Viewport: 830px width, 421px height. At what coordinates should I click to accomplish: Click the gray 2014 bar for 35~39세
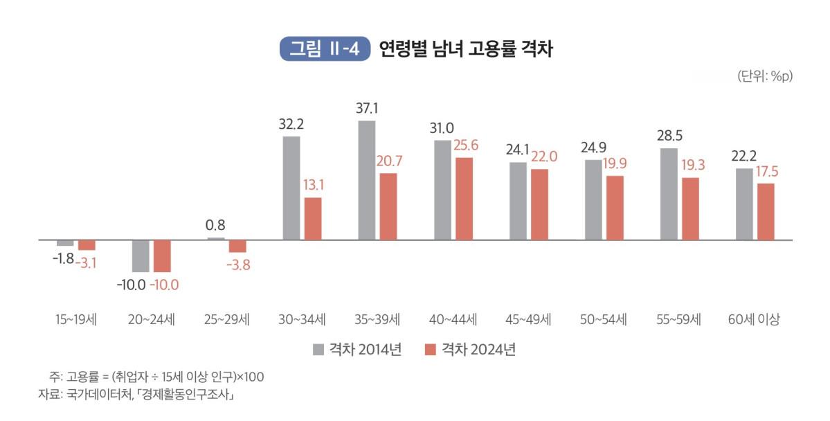tap(367, 181)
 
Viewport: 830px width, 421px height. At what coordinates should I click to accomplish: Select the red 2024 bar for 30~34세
tap(313, 219)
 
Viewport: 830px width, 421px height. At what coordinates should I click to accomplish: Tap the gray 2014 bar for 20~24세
tap(141, 256)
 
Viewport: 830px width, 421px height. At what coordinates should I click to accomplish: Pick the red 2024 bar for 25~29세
tap(237, 247)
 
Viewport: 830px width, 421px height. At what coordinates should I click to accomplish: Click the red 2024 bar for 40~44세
tap(464, 199)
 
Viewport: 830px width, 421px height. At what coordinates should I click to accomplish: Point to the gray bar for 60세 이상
tap(744, 204)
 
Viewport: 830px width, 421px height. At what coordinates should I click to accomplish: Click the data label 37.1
tap(367, 109)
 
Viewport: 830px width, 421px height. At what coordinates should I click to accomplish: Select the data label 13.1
tap(313, 185)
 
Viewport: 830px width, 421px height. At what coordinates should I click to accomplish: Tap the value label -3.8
tap(237, 265)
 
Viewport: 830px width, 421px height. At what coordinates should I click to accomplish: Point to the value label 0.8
tap(215, 225)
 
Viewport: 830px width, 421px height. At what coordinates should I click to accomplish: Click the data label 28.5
tap(669, 135)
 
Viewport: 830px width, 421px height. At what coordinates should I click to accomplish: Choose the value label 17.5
tap(766, 170)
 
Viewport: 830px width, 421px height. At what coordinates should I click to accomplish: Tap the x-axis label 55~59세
tap(678, 320)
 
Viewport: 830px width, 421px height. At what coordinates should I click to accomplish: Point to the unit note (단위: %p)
tap(765, 76)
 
